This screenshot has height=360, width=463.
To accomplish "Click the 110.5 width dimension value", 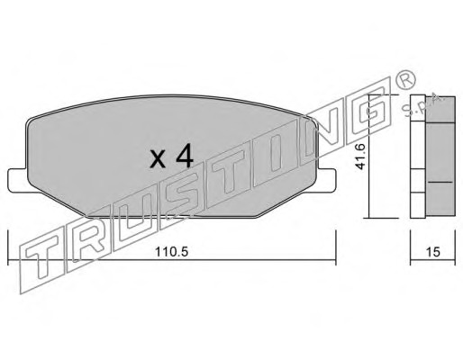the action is (171, 252).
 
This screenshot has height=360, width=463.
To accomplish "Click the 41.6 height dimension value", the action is (360, 157).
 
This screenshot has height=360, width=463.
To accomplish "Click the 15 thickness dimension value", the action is (432, 252).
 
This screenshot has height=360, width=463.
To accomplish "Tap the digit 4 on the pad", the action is (184, 157).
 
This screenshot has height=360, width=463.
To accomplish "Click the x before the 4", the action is (158, 159).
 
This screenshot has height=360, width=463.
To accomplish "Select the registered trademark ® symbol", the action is (405, 78).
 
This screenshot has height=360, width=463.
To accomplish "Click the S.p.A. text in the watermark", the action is (422, 105).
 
